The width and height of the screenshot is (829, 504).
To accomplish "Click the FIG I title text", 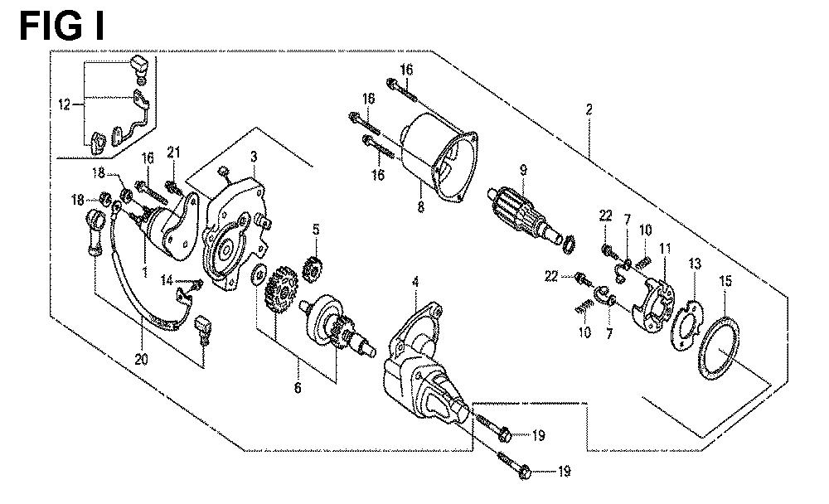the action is coord(62,27).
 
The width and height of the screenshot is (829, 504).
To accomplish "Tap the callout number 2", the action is coord(589,109).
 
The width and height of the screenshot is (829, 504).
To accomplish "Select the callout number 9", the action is coord(523,170).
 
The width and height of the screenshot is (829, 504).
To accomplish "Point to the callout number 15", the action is coord(725,281).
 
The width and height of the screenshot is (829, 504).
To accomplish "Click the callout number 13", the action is coord(695,264).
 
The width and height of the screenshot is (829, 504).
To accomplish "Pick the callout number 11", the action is coord(665,248).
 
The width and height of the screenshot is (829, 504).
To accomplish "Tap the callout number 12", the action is coord(64,104).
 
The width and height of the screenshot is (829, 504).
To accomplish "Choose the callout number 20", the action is coord(141,360).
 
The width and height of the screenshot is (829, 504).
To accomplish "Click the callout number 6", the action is coord(298,388).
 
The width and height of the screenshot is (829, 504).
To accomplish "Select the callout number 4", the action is coord(415,283).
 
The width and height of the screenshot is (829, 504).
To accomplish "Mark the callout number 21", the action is coord(173,153).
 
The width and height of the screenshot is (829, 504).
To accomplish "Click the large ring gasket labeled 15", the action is coord(719,348).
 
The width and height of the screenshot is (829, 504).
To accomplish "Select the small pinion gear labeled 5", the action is coord(313,268).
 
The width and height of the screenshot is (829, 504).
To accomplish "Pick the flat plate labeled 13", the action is coord(686,327).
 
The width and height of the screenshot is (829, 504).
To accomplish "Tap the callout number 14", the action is coord(167,279).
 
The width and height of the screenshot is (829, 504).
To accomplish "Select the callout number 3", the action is coord(254,157).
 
